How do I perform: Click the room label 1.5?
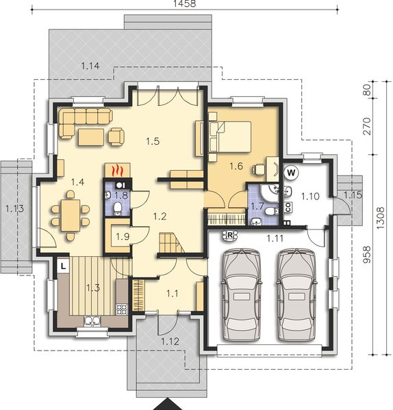[152, 141]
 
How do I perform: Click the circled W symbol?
[290, 172]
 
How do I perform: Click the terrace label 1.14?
[90, 66]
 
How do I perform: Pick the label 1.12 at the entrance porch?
[170, 340]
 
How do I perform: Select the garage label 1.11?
[275, 238]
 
